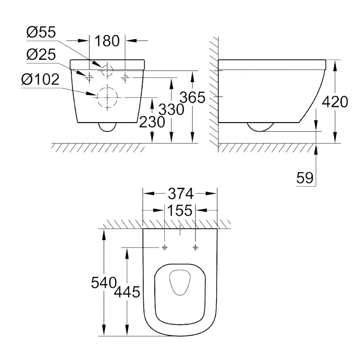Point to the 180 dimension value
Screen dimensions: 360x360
(107, 41)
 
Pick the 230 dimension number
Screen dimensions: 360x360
(152, 122)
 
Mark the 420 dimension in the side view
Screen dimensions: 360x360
(335, 102)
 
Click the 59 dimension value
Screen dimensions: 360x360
(305, 178)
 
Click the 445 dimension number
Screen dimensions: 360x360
(127, 292)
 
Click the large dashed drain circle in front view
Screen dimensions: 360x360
(107, 97)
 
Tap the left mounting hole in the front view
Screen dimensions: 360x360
(89, 77)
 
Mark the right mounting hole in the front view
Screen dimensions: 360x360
(125, 77)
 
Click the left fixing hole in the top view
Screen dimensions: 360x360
(165, 247)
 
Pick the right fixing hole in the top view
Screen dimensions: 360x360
(195, 247)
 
